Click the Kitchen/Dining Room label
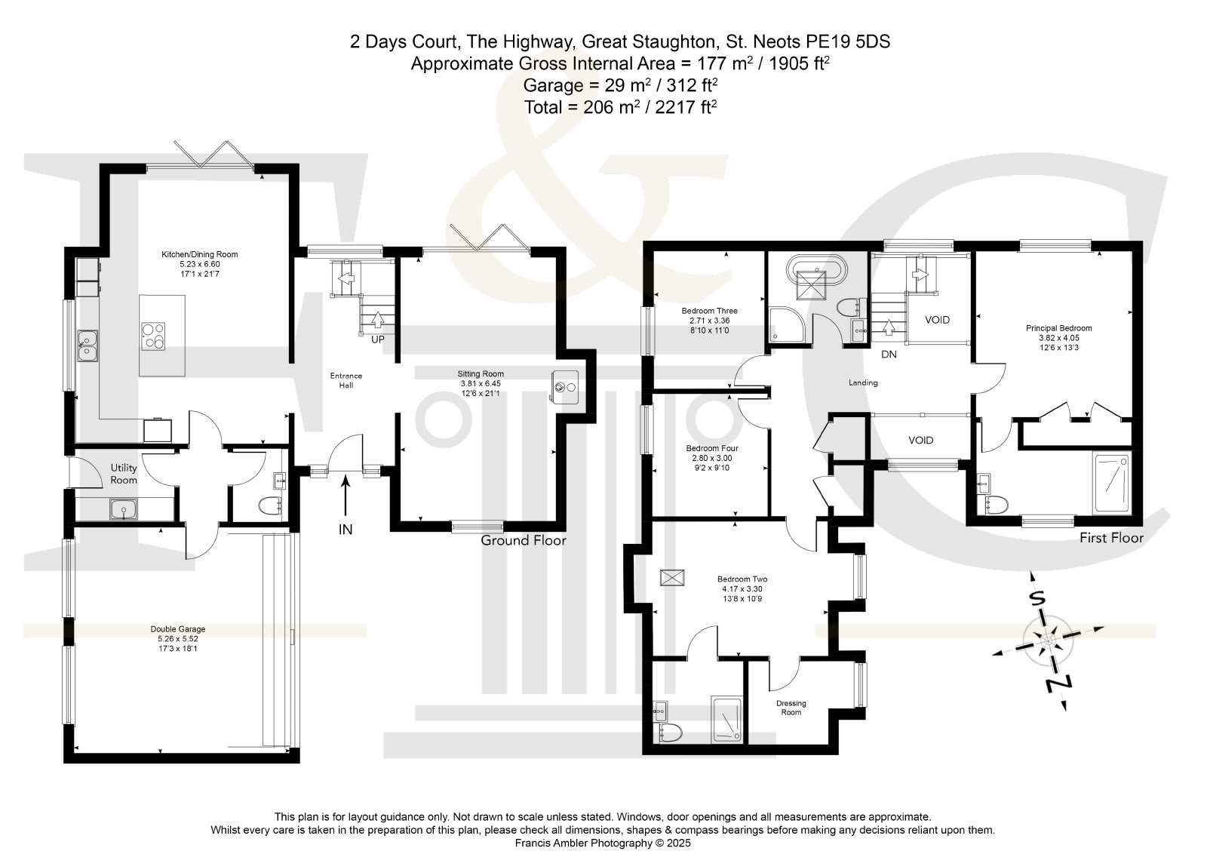[199, 254]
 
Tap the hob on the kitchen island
[153, 336]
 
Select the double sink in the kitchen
[88, 346]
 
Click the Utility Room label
[124, 474]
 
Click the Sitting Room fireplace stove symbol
[564, 387]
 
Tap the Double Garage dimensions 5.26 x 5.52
[178, 638]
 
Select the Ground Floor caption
[524, 540]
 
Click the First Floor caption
[1111, 538]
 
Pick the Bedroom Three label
[709, 311]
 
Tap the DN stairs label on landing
[889, 355]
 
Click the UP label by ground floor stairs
[378, 340]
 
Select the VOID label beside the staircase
[937, 320]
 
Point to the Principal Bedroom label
[1059, 328]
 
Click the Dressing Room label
[791, 708]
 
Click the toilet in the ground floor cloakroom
[271, 506]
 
